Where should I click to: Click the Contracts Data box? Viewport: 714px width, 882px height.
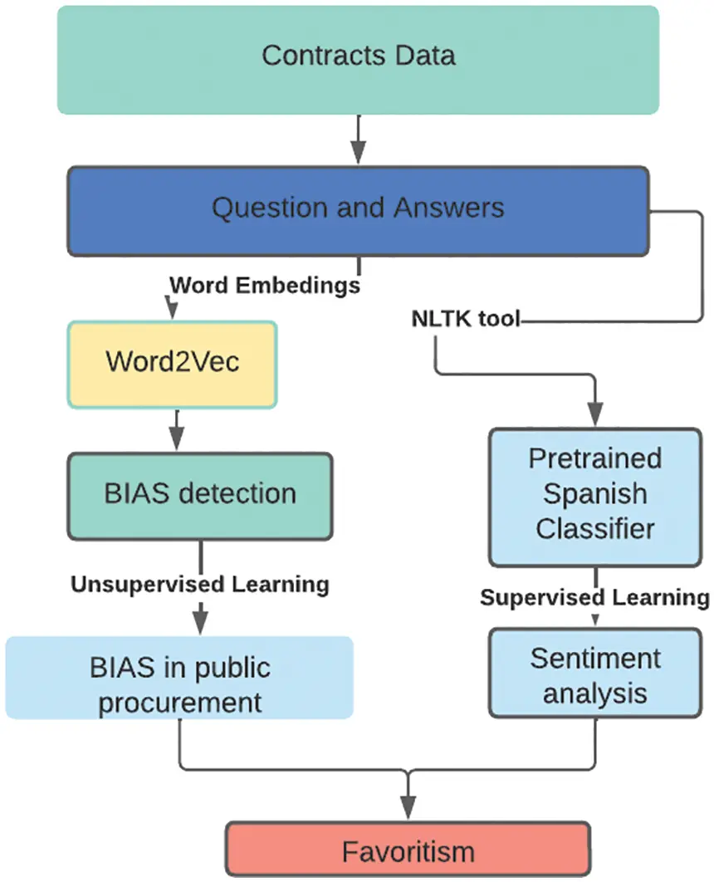click(x=358, y=60)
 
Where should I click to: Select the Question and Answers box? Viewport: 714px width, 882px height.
click(x=358, y=211)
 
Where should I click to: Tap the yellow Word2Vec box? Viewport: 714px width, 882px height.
click(x=172, y=365)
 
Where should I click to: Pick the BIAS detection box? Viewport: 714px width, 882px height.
click(x=200, y=497)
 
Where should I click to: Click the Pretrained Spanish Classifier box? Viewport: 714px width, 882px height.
click(x=595, y=497)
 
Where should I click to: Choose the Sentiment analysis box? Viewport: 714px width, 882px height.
click(x=595, y=673)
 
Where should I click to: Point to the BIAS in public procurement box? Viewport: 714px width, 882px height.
click(x=179, y=678)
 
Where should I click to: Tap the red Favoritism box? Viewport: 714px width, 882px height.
click(x=408, y=850)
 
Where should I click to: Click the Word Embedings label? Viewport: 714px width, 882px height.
click(x=265, y=285)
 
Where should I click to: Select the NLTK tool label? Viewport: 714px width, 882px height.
click(x=466, y=318)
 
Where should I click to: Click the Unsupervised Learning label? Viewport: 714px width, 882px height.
click(x=200, y=585)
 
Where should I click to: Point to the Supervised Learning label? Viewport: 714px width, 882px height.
click(x=594, y=597)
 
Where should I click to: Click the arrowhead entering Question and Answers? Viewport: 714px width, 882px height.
click(x=358, y=152)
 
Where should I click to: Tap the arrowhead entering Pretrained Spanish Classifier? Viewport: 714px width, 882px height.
click(x=595, y=414)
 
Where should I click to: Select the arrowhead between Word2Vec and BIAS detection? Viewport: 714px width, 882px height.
click(x=177, y=439)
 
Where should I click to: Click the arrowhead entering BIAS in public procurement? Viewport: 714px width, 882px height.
click(x=200, y=619)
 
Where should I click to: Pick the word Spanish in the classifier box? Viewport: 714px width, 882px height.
click(x=595, y=494)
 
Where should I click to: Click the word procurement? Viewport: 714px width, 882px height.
click(x=180, y=703)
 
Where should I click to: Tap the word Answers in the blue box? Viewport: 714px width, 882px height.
click(x=448, y=208)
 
